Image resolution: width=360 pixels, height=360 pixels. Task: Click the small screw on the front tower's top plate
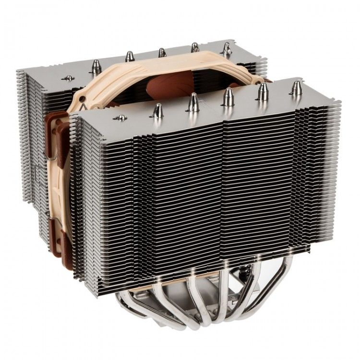click(120, 118)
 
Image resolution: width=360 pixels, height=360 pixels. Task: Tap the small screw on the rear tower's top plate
click(69, 78)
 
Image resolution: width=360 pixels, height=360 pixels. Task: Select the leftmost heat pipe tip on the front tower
click(157, 111)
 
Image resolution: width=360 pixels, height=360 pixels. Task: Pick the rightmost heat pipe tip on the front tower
click(297, 88)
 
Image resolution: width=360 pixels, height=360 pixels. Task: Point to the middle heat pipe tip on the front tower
click(228, 97)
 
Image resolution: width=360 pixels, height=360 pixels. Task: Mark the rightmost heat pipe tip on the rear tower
click(227, 48)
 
